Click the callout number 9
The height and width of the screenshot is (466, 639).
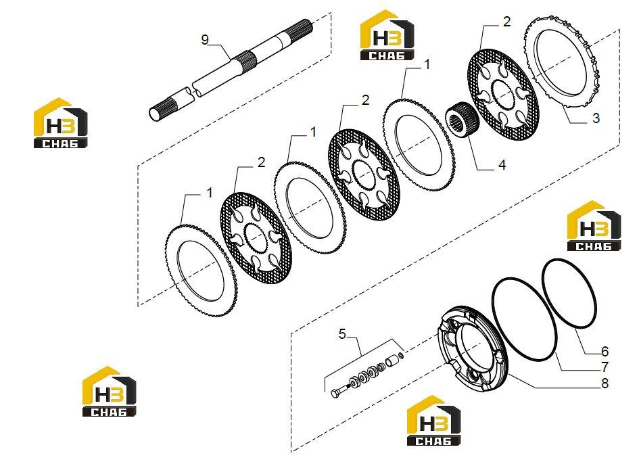(205, 40)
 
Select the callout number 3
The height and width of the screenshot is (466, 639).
(596, 118)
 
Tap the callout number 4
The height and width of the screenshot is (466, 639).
(502, 165)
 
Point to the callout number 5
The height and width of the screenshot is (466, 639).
(342, 334)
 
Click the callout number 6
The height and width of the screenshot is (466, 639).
(605, 351)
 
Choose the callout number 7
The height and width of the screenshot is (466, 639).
(605, 367)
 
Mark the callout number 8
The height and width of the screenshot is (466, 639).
(605, 383)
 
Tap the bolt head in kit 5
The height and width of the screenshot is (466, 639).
(337, 394)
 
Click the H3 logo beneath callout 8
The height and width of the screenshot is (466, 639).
(433, 421)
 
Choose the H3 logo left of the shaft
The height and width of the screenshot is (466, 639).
(60, 122)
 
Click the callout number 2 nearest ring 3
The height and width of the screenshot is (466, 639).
(506, 22)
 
